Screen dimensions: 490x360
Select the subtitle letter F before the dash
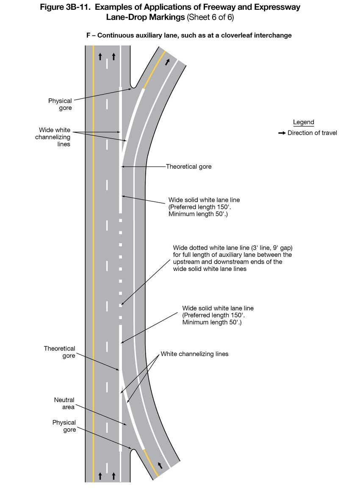pyautogui.click(x=89, y=36)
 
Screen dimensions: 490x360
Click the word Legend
pyautogui.click(x=303, y=122)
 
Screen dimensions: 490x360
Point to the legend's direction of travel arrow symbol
pyautogui.click(x=282, y=133)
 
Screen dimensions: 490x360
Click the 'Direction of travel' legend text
pyautogui.click(x=312, y=133)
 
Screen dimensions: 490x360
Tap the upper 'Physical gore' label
pyautogui.click(x=60, y=104)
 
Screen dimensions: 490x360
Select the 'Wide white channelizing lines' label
pyautogui.click(x=54, y=137)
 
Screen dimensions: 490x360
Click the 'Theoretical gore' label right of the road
pyautogui.click(x=188, y=167)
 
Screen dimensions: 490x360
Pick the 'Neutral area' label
pyautogui.click(x=64, y=404)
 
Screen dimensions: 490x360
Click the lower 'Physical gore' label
pyautogui.click(x=64, y=426)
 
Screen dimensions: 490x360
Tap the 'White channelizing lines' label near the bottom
pyautogui.click(x=194, y=354)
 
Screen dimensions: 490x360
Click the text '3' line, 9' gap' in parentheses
pyautogui.click(x=265, y=248)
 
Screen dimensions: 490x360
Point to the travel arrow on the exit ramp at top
pyautogui.click(x=168, y=62)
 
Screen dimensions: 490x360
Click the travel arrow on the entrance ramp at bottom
pyautogui.click(x=160, y=465)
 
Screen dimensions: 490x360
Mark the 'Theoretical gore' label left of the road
pyautogui.click(x=59, y=352)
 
